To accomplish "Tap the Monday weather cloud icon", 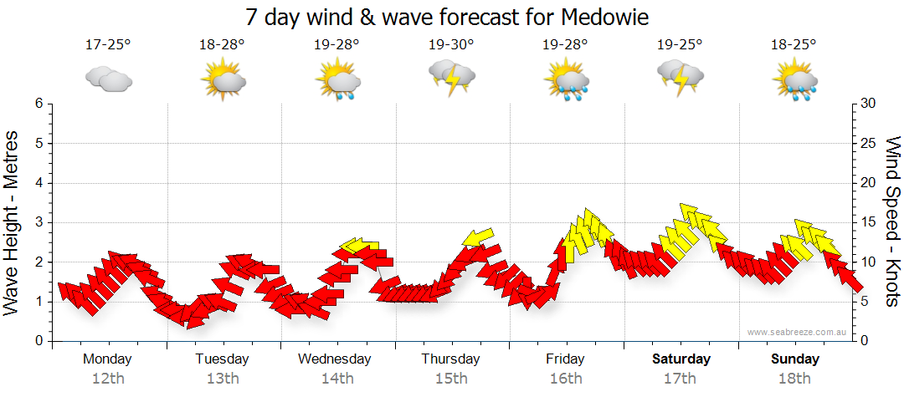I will coord(109,79).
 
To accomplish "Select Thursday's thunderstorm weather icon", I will coord(452,78).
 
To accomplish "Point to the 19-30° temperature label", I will coord(450,45).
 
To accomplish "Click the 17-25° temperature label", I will coord(108,45).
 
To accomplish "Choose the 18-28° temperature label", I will coord(223,45).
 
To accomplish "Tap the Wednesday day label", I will coord(335,359).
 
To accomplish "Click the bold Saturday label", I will coord(681,359).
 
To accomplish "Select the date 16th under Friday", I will coord(566,379).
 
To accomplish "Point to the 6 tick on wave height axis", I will coord(38,104).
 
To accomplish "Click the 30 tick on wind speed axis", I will coord(868,104).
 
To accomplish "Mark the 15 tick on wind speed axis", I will coord(868,222).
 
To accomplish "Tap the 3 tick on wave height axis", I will coord(38,222).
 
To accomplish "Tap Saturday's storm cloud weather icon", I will coord(680,78).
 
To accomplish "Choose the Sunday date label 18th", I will coord(795,379).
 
